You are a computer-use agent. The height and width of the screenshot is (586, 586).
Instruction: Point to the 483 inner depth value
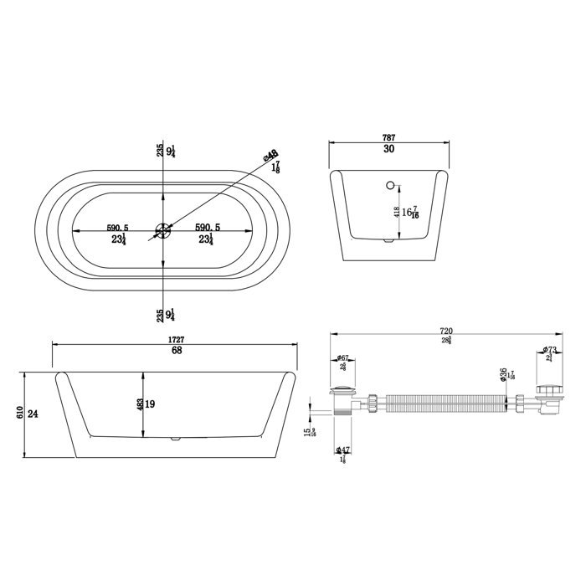coord(141,404)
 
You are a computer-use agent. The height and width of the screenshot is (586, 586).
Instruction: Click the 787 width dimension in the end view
coord(388,136)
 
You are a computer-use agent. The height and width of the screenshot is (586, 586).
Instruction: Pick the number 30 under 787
coord(388,150)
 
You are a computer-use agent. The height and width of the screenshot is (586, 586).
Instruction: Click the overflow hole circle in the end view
coord(389,182)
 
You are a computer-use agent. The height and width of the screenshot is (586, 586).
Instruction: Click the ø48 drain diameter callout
coord(270,157)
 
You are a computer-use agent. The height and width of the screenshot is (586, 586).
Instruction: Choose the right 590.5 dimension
coord(207,227)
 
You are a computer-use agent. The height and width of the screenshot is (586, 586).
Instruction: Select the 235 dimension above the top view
coord(158,151)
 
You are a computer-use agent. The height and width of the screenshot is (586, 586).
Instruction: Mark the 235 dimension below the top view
coord(158,316)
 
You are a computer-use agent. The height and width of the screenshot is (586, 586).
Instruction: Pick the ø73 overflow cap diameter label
coord(550,350)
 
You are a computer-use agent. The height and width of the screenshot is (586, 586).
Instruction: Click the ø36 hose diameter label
coord(504,373)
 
